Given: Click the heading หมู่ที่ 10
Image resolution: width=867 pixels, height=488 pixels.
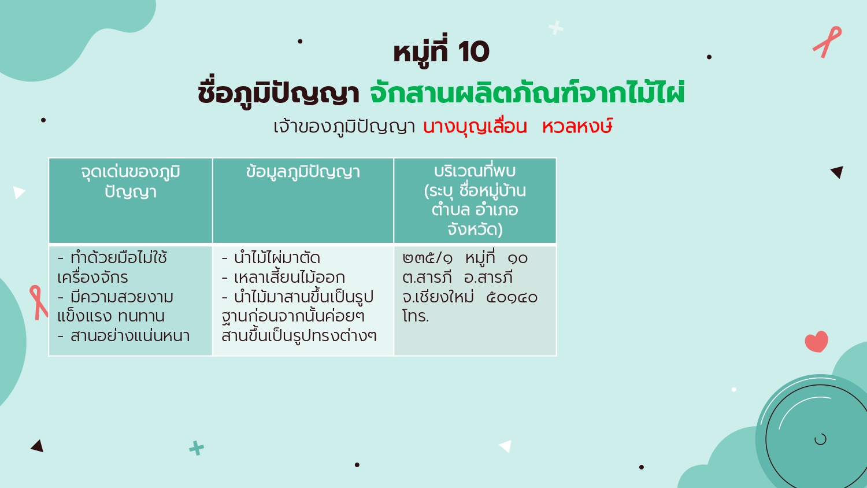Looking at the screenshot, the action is tap(441, 51).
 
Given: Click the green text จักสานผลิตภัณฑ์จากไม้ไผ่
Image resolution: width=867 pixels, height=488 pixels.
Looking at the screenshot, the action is tap(527, 93).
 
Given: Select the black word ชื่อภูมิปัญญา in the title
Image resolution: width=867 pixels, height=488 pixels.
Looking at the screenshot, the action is tap(278, 94).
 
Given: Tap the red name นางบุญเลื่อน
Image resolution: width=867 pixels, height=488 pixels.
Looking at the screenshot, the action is tap(475, 127).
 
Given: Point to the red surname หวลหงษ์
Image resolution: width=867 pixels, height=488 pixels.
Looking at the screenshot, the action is tap(577, 126).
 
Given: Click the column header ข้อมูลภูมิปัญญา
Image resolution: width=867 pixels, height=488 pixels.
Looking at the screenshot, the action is tap(303, 172).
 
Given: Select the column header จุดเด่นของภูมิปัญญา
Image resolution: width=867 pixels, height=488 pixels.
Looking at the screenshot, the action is tap(131, 182).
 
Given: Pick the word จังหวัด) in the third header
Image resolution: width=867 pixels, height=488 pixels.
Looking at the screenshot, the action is tap(475, 230).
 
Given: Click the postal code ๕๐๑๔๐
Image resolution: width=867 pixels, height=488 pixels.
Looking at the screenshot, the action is tap(512, 297).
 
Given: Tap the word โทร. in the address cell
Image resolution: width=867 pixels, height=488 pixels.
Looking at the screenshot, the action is tap(416, 316).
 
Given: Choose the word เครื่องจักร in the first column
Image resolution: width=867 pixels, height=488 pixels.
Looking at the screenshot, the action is tap(92, 278).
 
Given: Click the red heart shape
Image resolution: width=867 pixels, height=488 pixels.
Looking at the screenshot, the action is tap(816, 342).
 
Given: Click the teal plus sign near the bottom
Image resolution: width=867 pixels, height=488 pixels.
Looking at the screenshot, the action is tap(197, 448).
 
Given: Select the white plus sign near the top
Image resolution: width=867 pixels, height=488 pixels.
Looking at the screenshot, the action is tap(556, 28).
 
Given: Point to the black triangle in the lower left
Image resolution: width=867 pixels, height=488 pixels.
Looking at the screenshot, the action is tap(38, 446).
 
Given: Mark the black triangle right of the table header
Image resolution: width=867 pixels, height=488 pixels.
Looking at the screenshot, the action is tap(838, 172).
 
